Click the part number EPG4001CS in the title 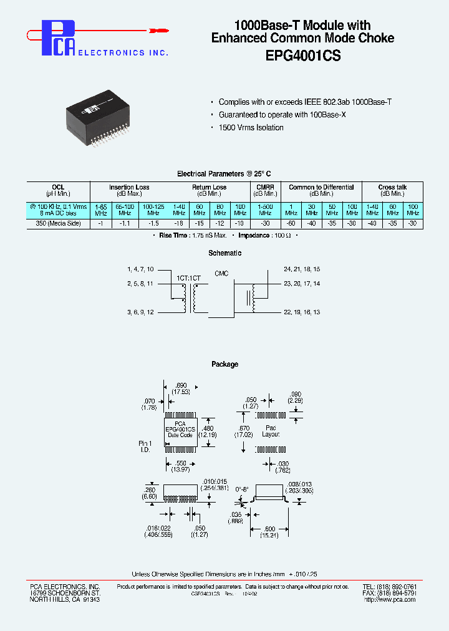coord(302,54)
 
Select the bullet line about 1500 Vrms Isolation coord(251,128)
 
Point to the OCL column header coord(58,187)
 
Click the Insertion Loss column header coord(129,187)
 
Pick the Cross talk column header coord(392,187)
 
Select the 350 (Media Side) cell coord(58,223)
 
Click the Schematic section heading coord(224,253)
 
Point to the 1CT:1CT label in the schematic coord(188,276)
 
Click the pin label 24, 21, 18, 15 coord(302,269)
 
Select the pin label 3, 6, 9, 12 coord(141,311)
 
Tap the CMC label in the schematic coord(221,273)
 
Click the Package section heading coord(224,364)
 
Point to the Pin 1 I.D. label coord(145,446)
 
